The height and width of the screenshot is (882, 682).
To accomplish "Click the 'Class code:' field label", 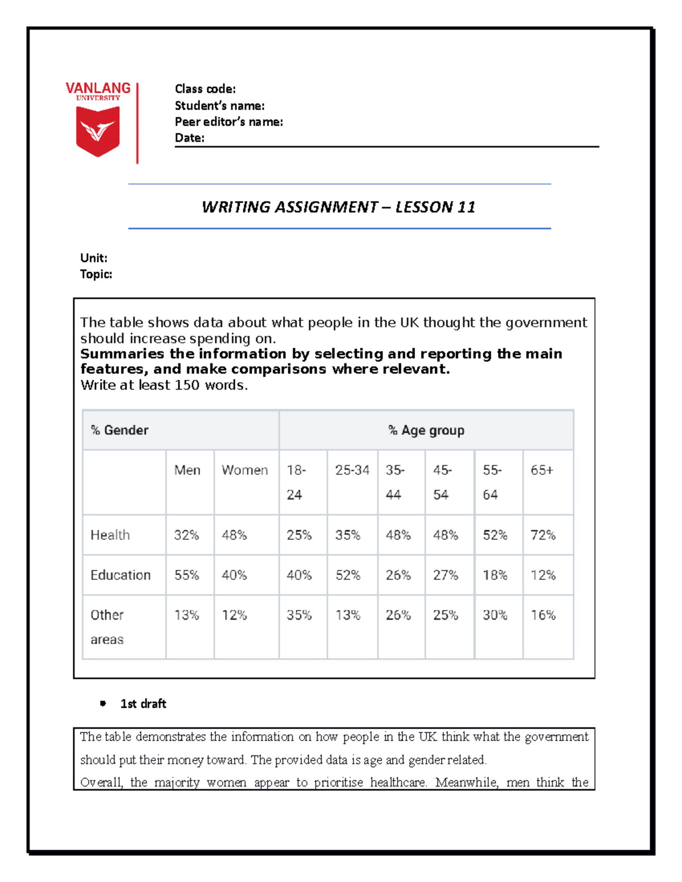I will [205, 89].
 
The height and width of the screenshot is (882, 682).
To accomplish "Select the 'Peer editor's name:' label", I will [228, 122].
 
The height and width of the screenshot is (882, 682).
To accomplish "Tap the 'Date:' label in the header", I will [189, 137].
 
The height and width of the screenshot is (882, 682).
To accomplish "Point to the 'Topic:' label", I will [96, 274].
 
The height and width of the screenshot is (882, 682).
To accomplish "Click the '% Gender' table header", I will [119, 430].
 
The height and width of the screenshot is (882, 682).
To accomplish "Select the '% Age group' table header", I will [426, 430].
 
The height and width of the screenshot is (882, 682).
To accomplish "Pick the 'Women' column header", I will [244, 470].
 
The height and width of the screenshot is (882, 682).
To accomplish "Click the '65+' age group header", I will [542, 470].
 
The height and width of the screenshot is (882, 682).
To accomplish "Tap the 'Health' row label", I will [110, 535].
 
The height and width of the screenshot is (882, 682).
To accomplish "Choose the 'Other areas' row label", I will [107, 627].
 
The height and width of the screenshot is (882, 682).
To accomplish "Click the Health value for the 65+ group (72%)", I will [543, 535].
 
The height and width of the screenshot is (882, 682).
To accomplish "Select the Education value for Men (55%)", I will [186, 575].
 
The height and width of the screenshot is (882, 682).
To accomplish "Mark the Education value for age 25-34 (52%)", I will [348, 575].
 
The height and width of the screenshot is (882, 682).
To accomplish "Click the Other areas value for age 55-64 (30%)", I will [495, 615].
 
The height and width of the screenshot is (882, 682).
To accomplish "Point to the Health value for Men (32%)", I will [186, 535].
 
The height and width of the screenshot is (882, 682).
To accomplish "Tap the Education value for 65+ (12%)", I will [543, 575].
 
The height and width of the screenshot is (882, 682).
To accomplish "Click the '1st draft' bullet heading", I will [143, 704].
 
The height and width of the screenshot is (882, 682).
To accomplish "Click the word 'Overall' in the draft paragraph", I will [101, 782].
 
